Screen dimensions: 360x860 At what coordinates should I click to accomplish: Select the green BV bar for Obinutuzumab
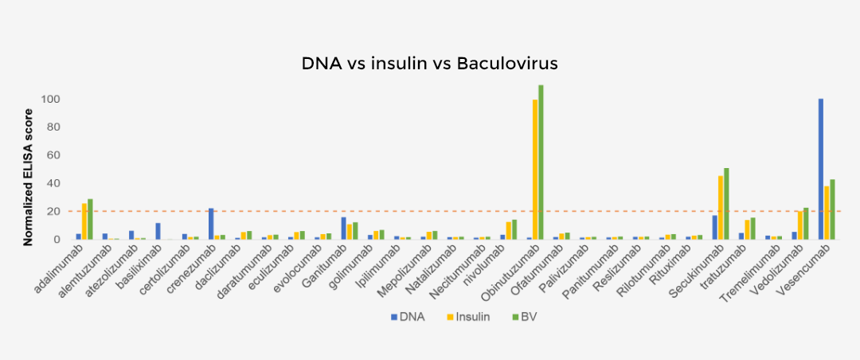541,162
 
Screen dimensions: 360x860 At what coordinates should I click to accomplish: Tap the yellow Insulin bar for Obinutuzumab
535,169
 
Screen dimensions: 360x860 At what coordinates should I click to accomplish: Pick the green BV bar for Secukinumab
726,204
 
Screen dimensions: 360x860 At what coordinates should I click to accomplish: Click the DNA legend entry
408,317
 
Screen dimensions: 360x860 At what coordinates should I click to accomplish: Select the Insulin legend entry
467,317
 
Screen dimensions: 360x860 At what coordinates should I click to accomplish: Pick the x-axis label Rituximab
679,264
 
